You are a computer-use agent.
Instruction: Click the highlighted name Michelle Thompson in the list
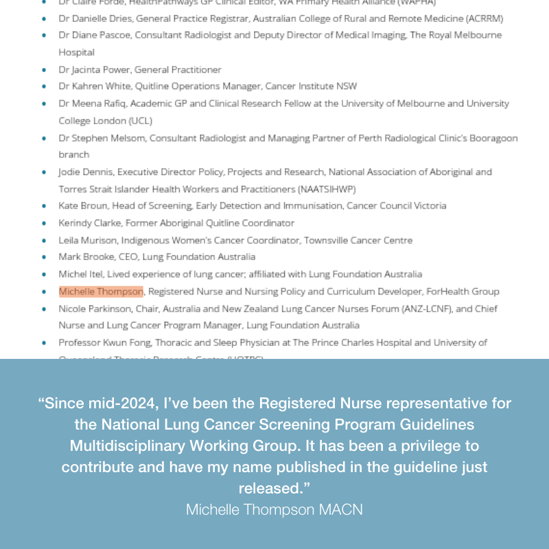pyautogui.click(x=101, y=292)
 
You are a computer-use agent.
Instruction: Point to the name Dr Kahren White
pyautogui.click(x=93, y=86)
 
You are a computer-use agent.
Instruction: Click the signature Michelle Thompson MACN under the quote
pyautogui.click(x=274, y=510)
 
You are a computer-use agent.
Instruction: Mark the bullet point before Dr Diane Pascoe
pyautogui.click(x=45, y=36)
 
